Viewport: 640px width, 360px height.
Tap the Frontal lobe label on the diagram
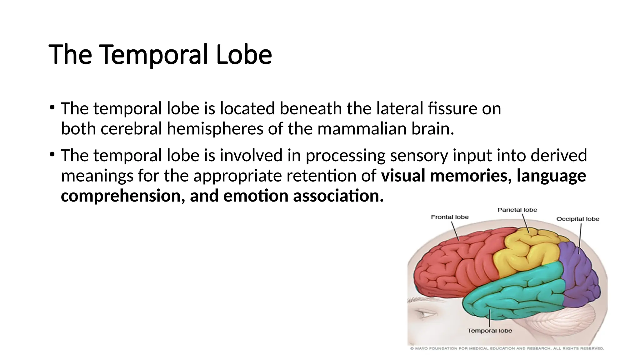click(x=450, y=217)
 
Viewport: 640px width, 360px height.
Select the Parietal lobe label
click(x=517, y=210)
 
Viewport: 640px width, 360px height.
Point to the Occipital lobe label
click(x=578, y=219)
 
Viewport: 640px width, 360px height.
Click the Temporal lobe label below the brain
click(x=490, y=331)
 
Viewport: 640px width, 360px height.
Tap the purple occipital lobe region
click(x=578, y=278)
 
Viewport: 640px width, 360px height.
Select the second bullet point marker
click(x=52, y=154)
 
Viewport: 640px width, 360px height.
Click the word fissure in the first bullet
click(x=447, y=109)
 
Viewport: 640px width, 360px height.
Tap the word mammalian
click(x=362, y=129)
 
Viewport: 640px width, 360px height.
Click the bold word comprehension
click(x=121, y=196)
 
